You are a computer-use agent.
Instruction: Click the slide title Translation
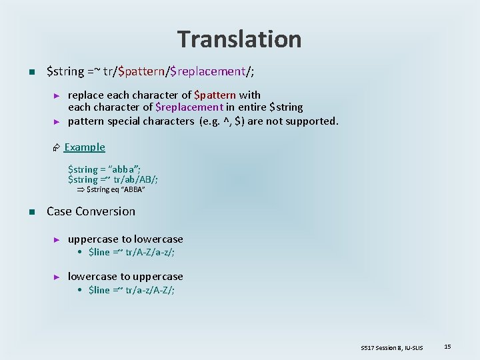pos(239,39)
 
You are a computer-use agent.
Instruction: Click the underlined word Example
pos(85,147)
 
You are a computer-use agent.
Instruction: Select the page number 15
pos(448,346)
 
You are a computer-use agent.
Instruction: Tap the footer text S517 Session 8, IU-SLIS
pos(392,347)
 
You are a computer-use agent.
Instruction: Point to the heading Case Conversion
pos(91,211)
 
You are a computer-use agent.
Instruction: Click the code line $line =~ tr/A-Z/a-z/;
pos(131,253)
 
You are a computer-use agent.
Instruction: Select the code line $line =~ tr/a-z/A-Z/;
pos(131,290)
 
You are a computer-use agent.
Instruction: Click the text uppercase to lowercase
pos(125,239)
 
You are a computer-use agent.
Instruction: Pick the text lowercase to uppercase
pos(125,276)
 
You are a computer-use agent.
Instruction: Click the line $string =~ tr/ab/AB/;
pos(113,179)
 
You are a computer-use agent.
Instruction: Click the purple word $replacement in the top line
pos(208,71)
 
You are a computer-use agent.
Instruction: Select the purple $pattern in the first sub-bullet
pos(215,95)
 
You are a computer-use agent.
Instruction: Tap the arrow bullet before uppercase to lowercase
pos(57,239)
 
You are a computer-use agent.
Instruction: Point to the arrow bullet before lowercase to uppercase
pos(57,277)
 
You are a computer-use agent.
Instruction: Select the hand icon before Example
pos(57,147)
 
